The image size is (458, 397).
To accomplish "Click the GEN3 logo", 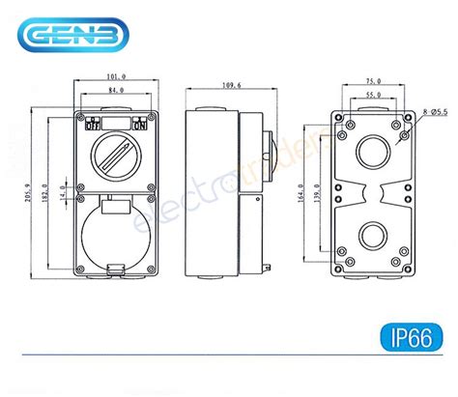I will (x=66, y=38).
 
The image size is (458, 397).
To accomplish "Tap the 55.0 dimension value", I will (x=372, y=95).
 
